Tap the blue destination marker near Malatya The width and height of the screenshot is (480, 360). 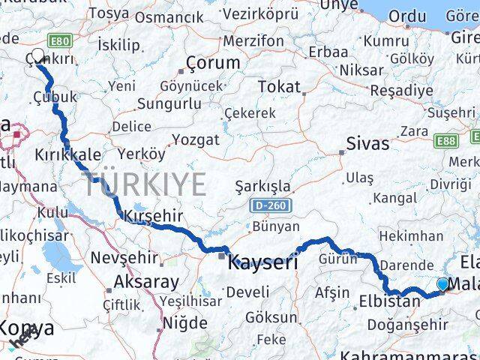(442, 284)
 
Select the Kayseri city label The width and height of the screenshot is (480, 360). (262, 262)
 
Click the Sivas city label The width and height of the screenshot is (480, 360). (367, 143)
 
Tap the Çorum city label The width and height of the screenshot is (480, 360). (213, 63)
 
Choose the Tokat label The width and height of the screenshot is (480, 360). (278, 87)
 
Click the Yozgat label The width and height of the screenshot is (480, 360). (196, 139)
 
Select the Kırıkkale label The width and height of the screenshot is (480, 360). (68, 154)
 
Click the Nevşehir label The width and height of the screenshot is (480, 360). (124, 258)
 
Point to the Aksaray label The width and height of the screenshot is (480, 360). (146, 283)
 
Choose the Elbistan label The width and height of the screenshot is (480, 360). (393, 302)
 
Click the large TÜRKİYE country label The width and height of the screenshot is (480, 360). (145, 184)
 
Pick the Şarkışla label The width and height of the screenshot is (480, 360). (262, 186)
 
